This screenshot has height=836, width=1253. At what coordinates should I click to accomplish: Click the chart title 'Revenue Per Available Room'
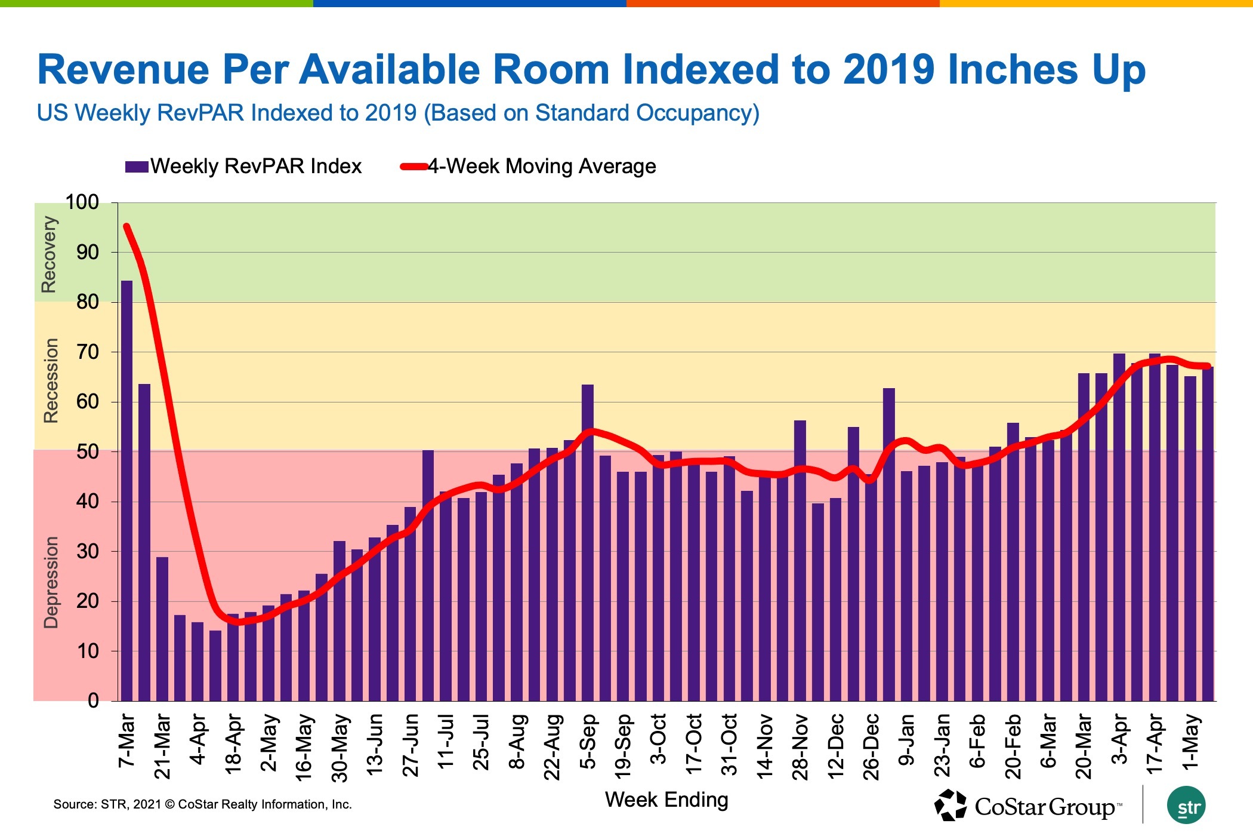click(x=591, y=70)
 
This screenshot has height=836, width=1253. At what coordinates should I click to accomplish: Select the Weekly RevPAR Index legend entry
click(x=243, y=166)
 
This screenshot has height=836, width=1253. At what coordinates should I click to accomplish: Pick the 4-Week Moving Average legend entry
click(x=528, y=166)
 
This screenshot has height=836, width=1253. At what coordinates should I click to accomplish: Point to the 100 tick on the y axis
click(x=82, y=202)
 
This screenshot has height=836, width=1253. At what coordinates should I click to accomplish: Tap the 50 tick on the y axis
click(x=87, y=452)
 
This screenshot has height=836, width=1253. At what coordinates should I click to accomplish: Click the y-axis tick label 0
click(x=93, y=700)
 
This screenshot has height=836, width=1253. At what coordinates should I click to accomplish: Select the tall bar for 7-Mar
click(x=126, y=490)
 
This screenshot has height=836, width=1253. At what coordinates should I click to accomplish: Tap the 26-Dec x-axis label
click(x=871, y=746)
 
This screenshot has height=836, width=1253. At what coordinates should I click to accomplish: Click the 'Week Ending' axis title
click(x=666, y=800)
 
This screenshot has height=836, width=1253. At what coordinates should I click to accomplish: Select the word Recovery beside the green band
click(x=48, y=254)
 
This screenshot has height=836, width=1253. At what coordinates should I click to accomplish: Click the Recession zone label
click(x=51, y=380)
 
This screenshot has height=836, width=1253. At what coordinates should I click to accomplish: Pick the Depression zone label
click(x=51, y=582)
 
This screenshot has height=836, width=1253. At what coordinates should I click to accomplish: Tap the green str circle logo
click(x=1186, y=806)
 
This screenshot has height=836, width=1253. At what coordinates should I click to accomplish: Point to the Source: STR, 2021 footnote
click(x=202, y=804)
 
